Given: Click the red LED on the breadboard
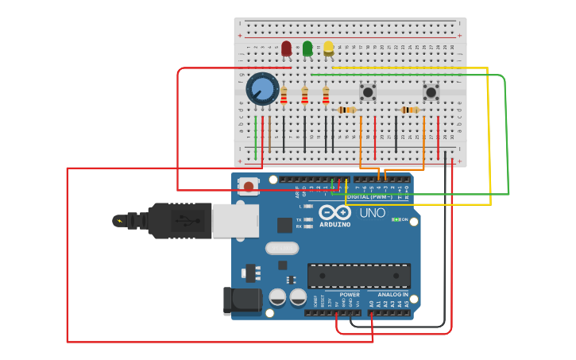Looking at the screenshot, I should [x=286, y=48].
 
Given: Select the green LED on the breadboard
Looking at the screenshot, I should [x=307, y=48].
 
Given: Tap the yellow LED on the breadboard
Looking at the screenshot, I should [x=328, y=48].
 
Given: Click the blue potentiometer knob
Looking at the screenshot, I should [x=262, y=89].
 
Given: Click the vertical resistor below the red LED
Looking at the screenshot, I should [x=284, y=96].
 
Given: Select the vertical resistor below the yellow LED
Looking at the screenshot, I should [x=326, y=96].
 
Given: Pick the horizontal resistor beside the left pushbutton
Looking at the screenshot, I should [x=346, y=110].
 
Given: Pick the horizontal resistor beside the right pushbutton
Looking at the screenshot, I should [x=409, y=110].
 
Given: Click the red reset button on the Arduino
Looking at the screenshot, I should [x=249, y=187].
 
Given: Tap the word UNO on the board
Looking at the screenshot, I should [x=372, y=213].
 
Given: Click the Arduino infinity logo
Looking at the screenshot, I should [x=334, y=212].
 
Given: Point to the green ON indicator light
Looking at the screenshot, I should [x=396, y=219].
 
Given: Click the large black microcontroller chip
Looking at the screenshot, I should [x=358, y=276].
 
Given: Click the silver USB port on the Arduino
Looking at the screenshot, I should [x=235, y=220].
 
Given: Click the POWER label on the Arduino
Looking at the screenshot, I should [x=350, y=294].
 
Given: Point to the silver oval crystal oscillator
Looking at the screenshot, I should [x=282, y=248].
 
